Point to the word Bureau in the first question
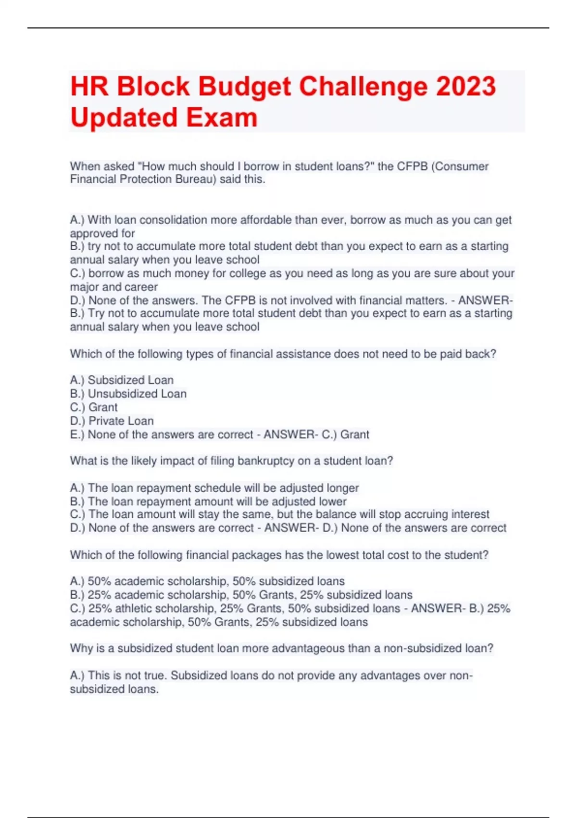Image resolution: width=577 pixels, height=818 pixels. pyautogui.click(x=195, y=179)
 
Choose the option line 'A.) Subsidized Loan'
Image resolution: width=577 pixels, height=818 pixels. pyautogui.click(x=122, y=380)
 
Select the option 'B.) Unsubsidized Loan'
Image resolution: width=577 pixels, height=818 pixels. pyautogui.click(x=128, y=394)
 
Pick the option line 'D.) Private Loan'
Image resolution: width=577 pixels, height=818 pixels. pyautogui.click(x=112, y=421)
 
